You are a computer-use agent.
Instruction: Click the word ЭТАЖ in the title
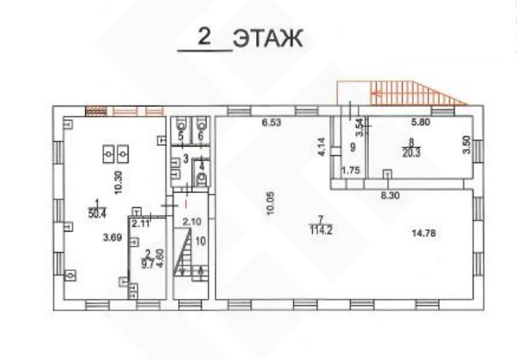[268, 39]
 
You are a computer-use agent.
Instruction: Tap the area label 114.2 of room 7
[321, 230]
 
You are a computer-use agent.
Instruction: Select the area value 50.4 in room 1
[97, 213]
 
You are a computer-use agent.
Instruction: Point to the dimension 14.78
[424, 233]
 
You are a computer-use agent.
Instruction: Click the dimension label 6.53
[271, 123]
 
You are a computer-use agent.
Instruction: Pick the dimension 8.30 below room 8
[390, 195]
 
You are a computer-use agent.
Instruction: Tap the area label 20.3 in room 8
[411, 153]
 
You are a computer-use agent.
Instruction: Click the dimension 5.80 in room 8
[420, 122]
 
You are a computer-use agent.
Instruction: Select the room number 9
[353, 147]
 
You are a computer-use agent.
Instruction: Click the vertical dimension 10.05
[270, 203]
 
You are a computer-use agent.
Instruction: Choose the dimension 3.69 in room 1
[113, 237]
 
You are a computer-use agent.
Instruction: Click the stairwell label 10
[200, 241]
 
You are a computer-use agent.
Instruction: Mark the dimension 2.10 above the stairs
[192, 221]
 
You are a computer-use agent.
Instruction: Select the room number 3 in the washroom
[186, 159]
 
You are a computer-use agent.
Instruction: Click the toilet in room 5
[182, 125]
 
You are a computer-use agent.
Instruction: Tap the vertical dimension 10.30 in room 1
[119, 182]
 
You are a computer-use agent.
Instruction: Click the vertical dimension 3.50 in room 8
[467, 146]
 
